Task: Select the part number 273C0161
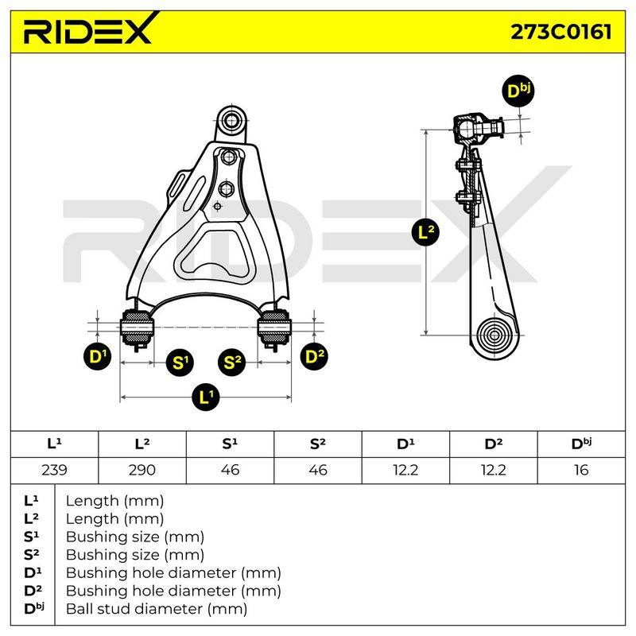pos(560,32)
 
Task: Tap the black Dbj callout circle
pos(518,92)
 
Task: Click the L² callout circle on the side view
pos(425,232)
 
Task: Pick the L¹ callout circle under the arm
pos(206,397)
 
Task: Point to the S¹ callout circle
pos(180,362)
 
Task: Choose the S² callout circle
pos(231,362)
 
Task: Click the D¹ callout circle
pos(97,356)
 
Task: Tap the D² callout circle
pos(314,356)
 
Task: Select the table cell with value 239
pos(54,470)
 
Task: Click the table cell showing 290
pos(142,470)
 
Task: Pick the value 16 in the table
pos(581,470)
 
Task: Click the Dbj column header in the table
pos(581,444)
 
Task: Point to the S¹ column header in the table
pos(230,444)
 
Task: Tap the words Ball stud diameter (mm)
pos(157,609)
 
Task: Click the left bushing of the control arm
pos(138,327)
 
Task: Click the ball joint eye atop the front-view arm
pos(231,120)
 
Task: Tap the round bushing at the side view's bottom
pos(494,335)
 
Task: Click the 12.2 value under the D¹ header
pos(405,470)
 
